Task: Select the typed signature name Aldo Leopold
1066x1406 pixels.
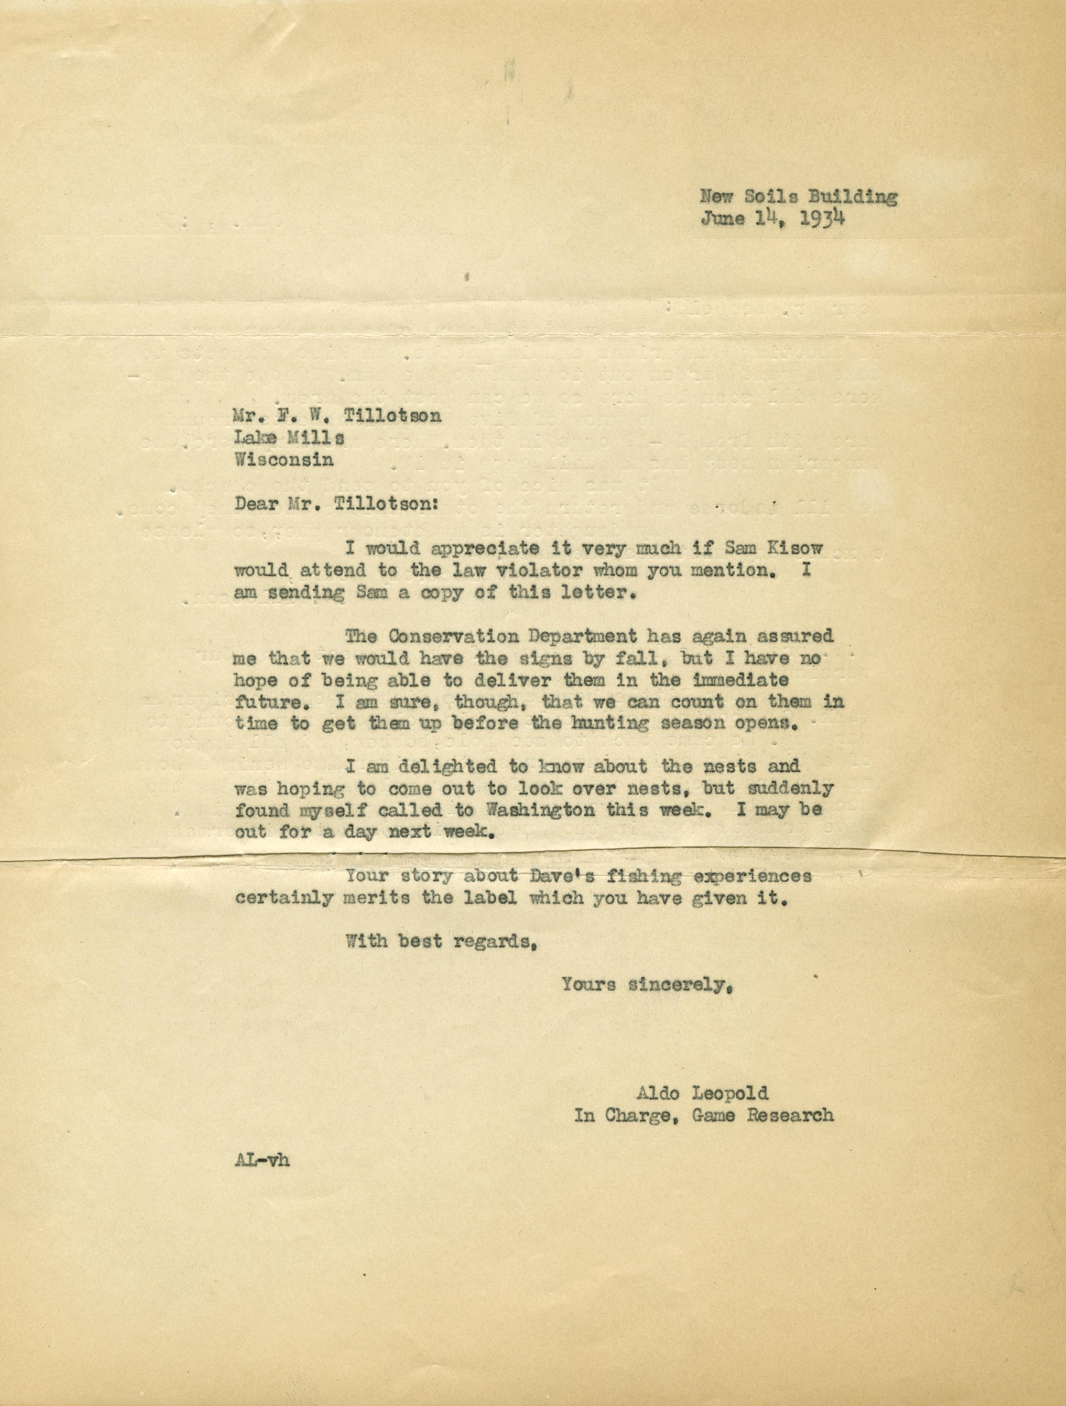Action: pyautogui.click(x=701, y=1093)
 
